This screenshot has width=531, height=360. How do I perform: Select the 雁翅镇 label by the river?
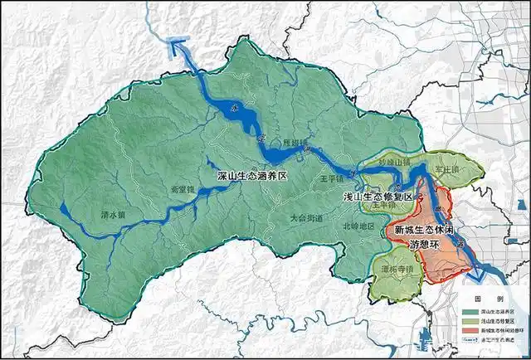click(x=295, y=142)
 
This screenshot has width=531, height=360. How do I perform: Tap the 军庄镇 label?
click(x=449, y=168)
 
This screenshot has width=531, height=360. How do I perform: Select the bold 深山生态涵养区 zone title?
click(x=251, y=177)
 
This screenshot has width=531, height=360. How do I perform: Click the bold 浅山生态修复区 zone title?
click(x=377, y=197)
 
